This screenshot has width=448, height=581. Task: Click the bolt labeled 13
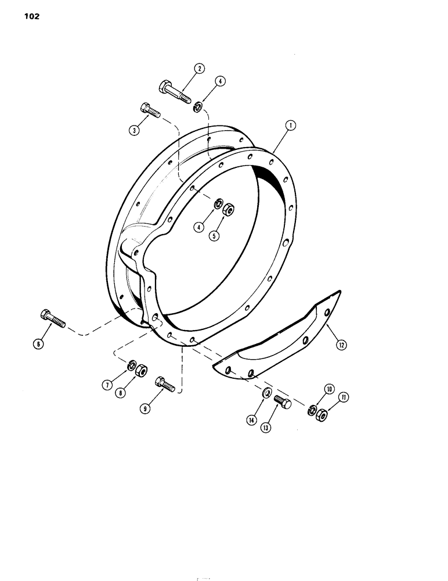pos(281,402)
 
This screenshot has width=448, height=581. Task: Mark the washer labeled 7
pos(131,365)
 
